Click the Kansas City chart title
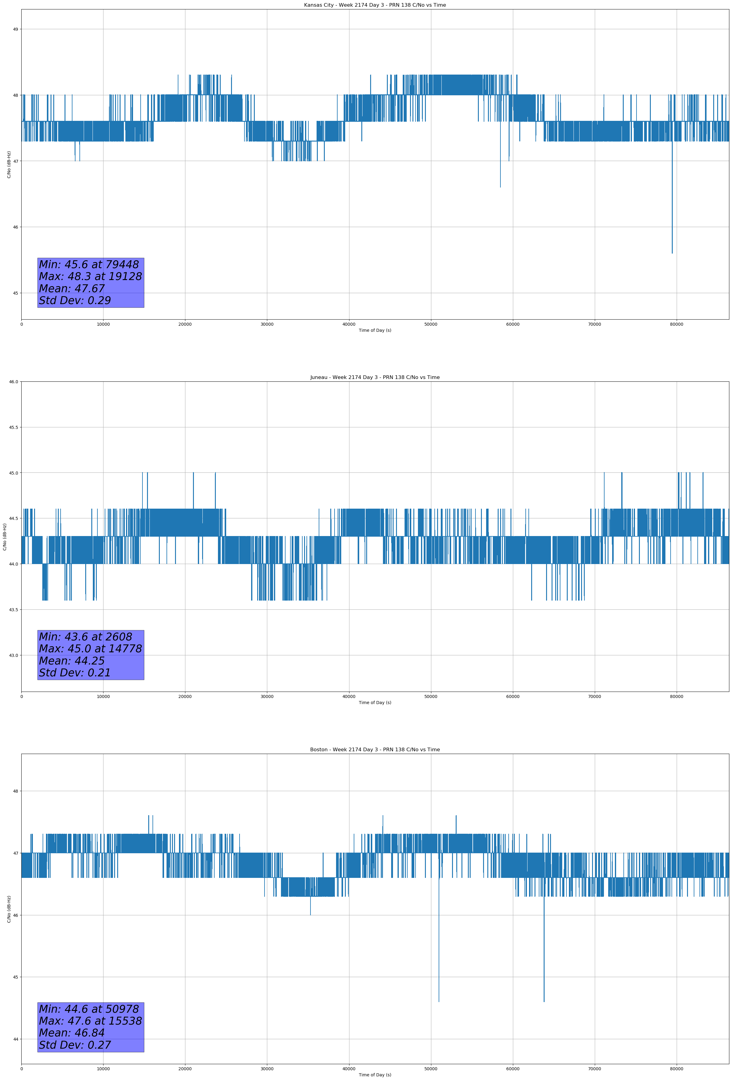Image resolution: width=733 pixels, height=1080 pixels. [375, 5]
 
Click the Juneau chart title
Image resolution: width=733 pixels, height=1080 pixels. [375, 377]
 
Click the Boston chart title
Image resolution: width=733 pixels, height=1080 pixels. [375, 750]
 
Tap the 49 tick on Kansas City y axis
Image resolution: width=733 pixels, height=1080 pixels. [15, 29]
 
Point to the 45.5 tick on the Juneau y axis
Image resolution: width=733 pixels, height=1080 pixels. [13, 427]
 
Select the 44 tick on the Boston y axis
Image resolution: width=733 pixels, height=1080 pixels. [15, 1039]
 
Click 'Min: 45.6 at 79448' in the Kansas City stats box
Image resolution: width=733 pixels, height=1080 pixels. [89, 265]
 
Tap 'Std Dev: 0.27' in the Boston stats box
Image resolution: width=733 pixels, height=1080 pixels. [75, 1045]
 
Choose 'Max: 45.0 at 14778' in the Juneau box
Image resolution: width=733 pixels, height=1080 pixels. [90, 649]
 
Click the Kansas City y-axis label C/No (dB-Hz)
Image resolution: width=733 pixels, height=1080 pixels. [9, 164]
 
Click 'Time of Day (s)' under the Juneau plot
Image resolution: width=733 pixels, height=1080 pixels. [375, 703]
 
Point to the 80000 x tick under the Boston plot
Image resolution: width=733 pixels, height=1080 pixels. [676, 1068]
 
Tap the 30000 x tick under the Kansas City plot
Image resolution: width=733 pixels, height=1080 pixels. [267, 324]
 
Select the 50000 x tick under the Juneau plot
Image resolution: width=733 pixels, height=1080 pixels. [431, 696]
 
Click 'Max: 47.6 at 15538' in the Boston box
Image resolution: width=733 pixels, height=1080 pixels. [90, 1021]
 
